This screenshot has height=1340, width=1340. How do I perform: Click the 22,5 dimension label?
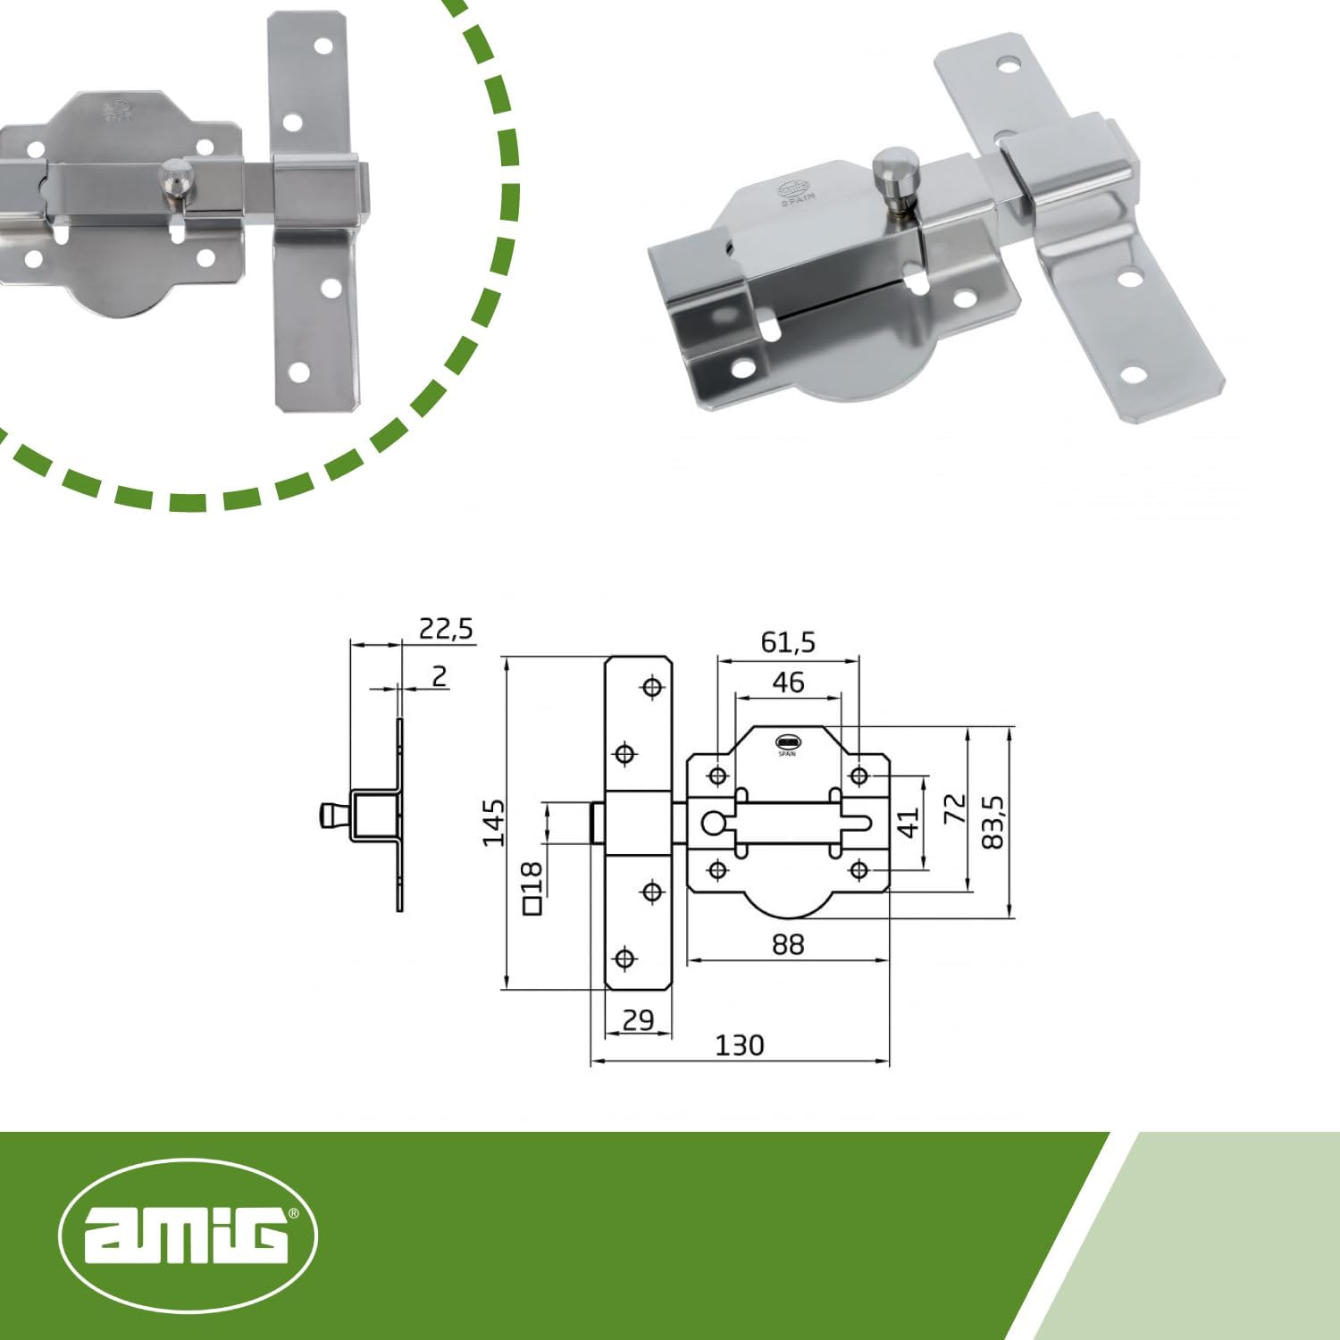[446, 629]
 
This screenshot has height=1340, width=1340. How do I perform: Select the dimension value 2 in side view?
[439, 676]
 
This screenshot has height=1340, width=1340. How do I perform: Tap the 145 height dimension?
[493, 823]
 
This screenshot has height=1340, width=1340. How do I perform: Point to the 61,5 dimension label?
[788, 642]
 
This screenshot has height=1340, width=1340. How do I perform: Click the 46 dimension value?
[788, 683]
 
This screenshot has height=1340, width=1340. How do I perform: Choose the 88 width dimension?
[788, 944]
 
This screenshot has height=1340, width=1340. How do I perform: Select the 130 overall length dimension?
[739, 1045]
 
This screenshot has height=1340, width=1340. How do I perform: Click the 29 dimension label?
[638, 1019]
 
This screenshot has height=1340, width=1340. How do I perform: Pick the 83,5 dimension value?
[992, 823]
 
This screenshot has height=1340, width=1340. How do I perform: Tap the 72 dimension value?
[955, 808]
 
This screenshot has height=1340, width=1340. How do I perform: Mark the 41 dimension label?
[908, 823]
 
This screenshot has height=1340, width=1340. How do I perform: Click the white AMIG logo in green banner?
[188, 1235]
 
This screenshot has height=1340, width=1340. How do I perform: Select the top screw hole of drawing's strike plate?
[652, 687]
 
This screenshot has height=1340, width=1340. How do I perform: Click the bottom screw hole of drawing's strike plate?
[625, 959]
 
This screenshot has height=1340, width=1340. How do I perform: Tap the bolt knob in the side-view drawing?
[332, 816]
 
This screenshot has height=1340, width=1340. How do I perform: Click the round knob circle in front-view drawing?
[713, 822]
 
